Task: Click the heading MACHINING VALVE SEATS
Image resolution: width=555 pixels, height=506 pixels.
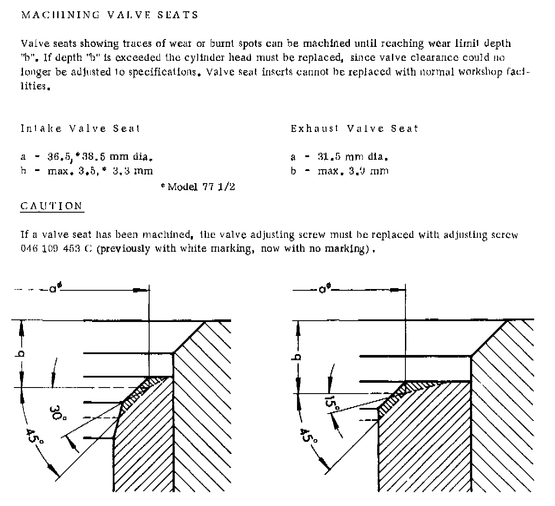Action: point(110,15)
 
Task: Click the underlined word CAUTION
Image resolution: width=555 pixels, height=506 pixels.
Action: point(52,206)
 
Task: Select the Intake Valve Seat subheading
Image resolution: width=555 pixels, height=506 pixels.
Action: point(80,128)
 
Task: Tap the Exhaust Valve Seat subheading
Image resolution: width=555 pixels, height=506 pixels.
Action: point(354,128)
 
